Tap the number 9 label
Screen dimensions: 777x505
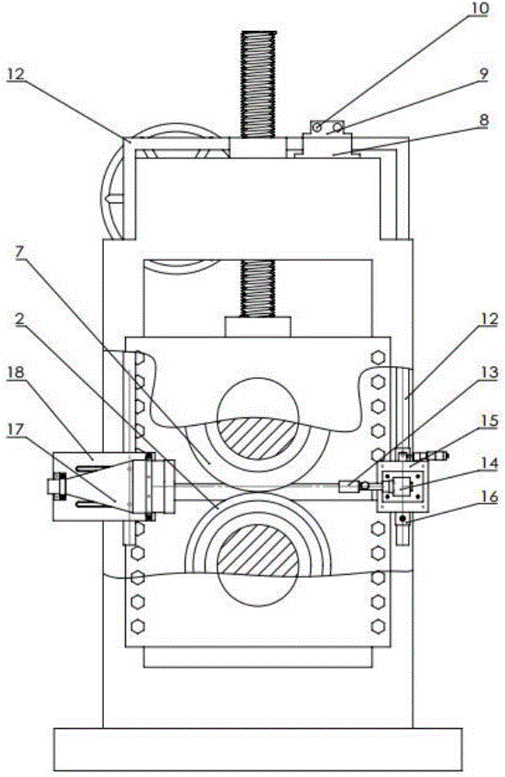[482, 75]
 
